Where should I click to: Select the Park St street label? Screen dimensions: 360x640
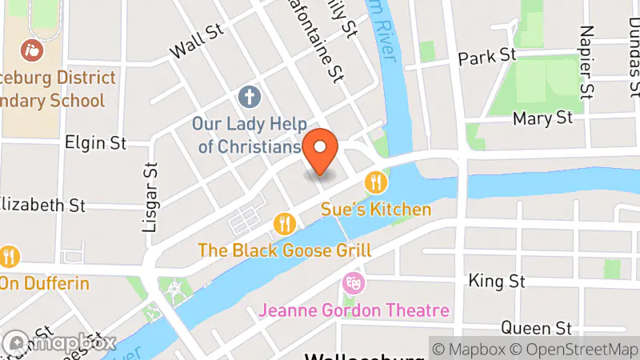point(486,57)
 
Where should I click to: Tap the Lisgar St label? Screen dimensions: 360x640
point(150,196)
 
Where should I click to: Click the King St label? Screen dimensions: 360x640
point(496,282)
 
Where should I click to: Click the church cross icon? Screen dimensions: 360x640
point(250,98)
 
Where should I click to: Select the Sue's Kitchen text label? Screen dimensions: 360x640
point(376,210)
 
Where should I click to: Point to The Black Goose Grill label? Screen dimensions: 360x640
point(284,250)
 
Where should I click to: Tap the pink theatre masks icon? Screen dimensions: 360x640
point(352,282)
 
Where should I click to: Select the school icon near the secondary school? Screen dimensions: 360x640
point(33,50)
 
